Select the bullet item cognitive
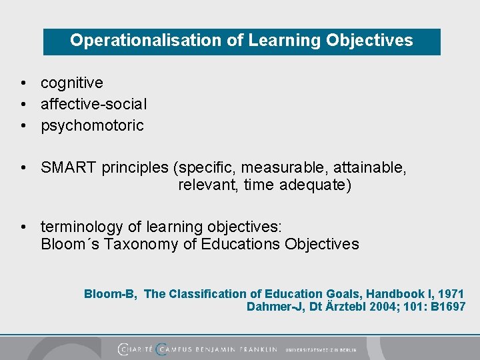pyautogui.click(x=72, y=83)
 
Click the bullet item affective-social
pyautogui.click(x=94, y=105)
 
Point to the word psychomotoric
pyautogui.click(x=92, y=126)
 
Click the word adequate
pyautogui.click(x=314, y=185)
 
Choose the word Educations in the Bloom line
pyautogui.click(x=241, y=245)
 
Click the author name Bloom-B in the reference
pyautogui.click(x=110, y=294)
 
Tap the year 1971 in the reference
pyautogui.click(x=450, y=294)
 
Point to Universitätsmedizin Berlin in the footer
pyautogui.click(x=321, y=349)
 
